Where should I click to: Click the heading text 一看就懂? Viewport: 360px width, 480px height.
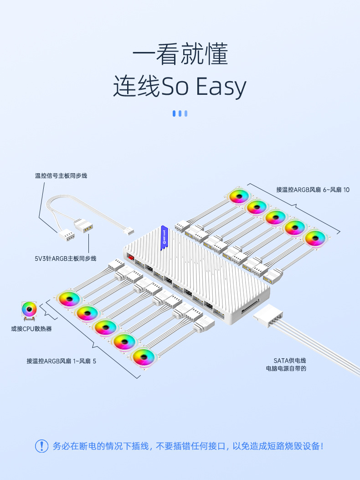(x=180, y=55)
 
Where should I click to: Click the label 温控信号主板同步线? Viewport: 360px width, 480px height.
(x=61, y=175)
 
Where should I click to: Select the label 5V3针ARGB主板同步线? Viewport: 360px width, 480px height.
(x=66, y=258)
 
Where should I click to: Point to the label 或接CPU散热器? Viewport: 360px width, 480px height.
(x=31, y=328)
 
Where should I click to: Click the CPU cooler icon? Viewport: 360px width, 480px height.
(x=30, y=311)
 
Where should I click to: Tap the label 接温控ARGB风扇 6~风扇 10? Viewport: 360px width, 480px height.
(x=313, y=189)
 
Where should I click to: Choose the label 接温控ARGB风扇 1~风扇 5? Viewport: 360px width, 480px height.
(x=62, y=361)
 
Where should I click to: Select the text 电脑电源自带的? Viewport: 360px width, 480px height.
(x=286, y=368)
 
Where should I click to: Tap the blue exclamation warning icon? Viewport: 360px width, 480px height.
(x=41, y=446)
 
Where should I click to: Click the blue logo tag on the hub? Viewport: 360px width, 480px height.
(x=164, y=237)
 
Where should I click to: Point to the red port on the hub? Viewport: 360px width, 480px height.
(x=131, y=258)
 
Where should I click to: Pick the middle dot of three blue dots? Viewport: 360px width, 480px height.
(x=180, y=114)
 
